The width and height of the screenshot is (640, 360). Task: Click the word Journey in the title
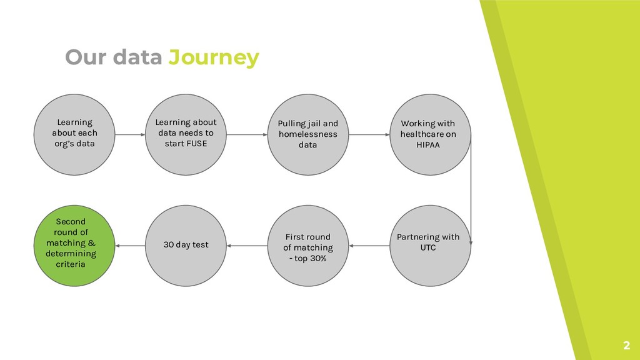(214, 57)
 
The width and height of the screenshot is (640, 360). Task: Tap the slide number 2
(625, 346)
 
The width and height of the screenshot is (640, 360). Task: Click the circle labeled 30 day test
(186, 245)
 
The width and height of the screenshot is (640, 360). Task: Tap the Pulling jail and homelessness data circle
(307, 134)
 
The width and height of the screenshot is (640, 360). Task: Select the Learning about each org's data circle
(74, 134)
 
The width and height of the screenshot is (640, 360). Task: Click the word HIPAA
(428, 144)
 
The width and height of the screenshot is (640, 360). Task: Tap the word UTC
(428, 247)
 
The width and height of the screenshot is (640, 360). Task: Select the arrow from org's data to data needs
(130, 134)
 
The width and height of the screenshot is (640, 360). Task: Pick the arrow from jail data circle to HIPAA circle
(368, 134)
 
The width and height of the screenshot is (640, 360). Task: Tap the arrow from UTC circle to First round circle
(368, 246)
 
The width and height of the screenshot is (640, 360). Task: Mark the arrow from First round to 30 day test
(247, 246)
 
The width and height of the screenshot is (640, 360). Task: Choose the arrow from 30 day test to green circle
(130, 246)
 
